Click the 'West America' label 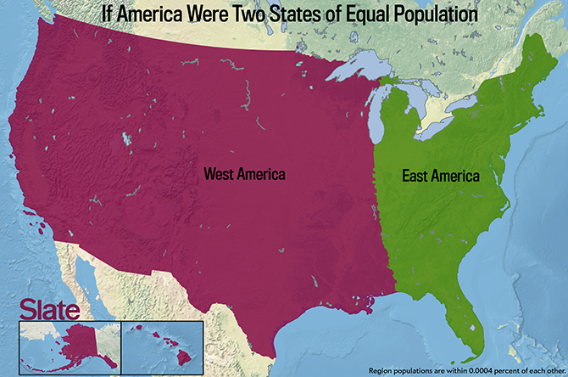[244, 173]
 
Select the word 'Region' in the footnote [382, 370]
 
